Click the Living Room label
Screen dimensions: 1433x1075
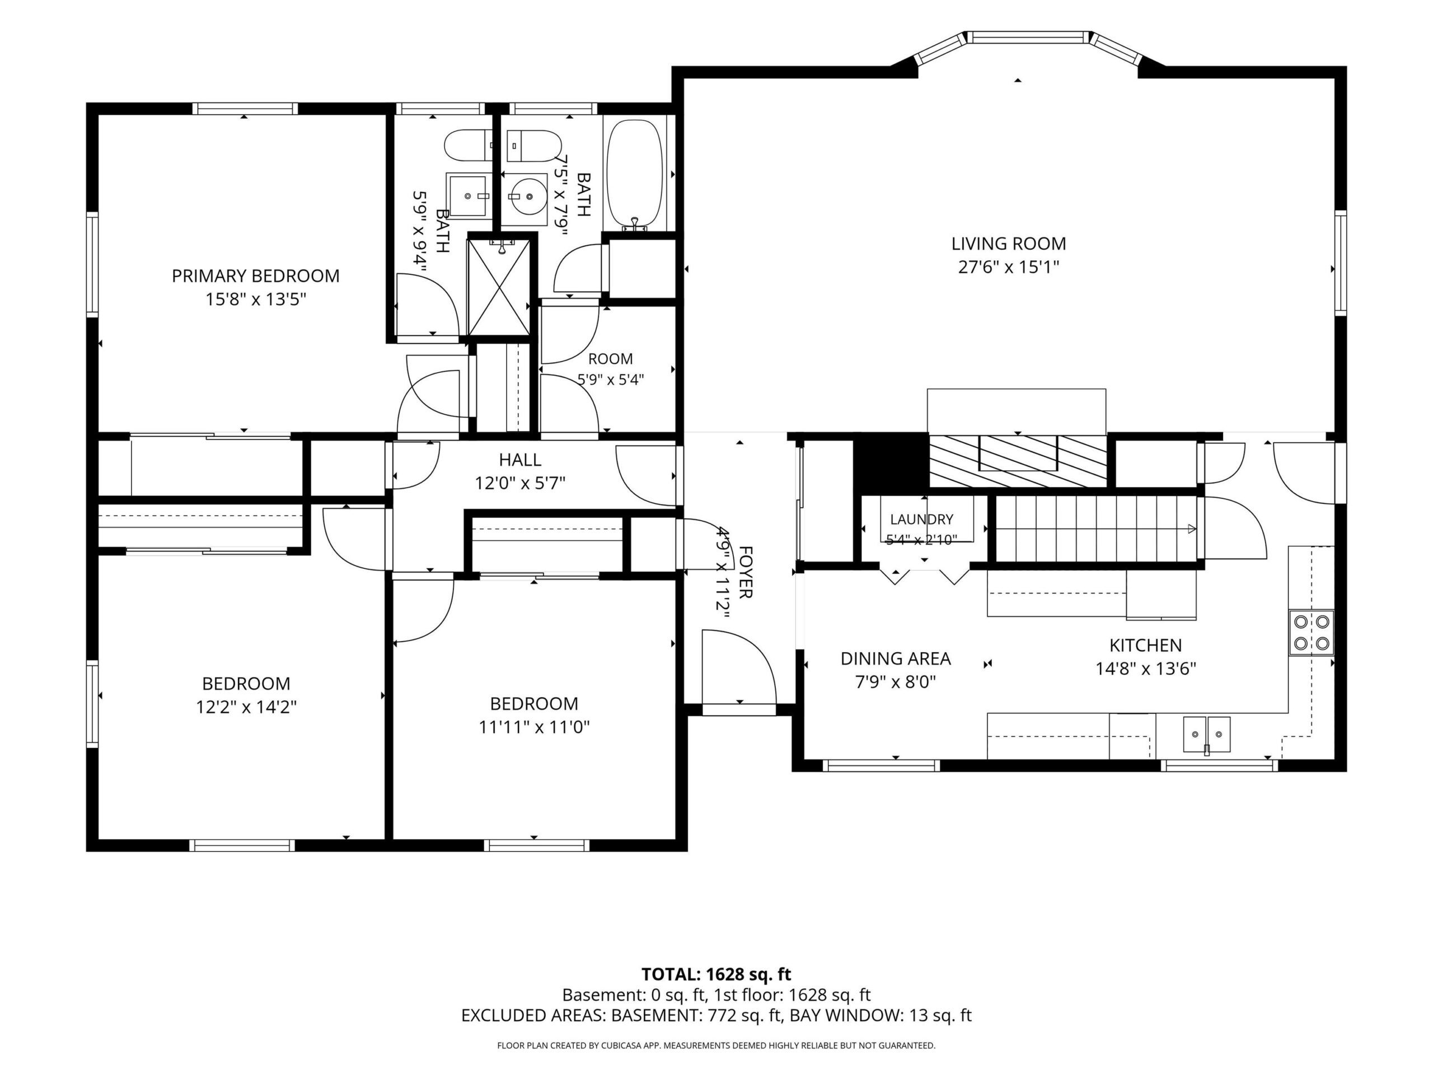[1008, 244]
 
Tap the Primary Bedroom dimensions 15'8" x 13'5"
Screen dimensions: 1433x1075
[255, 300]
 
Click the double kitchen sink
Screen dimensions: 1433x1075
[1207, 735]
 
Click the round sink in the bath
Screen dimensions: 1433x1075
[524, 194]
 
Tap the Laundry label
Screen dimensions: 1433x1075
[921, 519]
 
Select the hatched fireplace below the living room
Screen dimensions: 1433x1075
[1018, 461]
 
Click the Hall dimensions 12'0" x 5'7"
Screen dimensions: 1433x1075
[520, 483]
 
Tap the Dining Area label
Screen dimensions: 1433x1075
[895, 658]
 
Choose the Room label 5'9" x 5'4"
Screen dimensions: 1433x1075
[610, 359]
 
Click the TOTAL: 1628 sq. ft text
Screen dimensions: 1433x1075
[716, 974]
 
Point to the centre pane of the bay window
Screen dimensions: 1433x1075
[1028, 38]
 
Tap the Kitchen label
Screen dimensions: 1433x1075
[1145, 645]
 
